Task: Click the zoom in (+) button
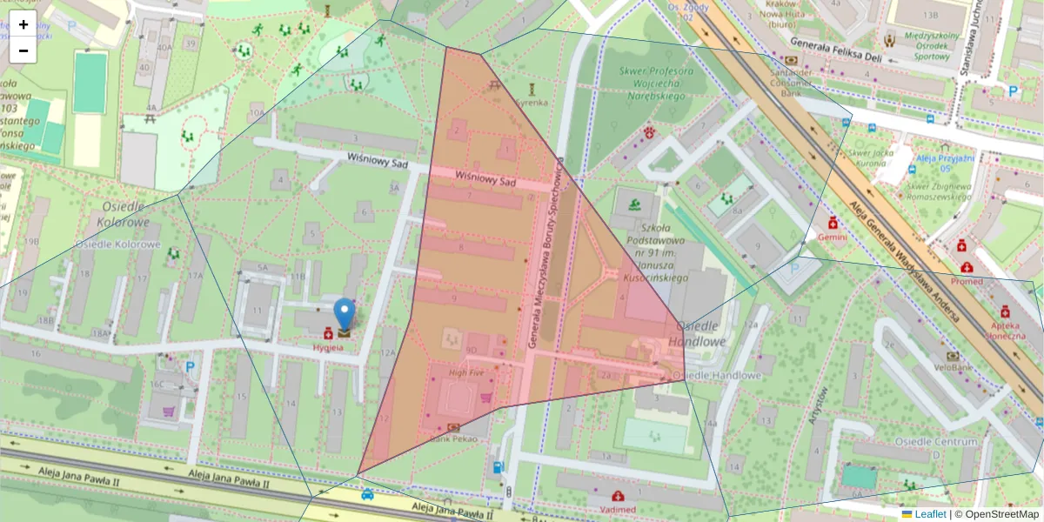click(x=23, y=24)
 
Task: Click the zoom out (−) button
click(x=23, y=50)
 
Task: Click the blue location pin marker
click(x=345, y=314)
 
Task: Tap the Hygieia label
click(x=328, y=348)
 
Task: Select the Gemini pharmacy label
click(x=833, y=237)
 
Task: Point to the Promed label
click(x=967, y=281)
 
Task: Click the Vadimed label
click(x=618, y=509)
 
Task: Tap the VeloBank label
click(x=954, y=368)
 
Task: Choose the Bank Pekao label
click(x=453, y=439)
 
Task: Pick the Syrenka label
click(x=532, y=102)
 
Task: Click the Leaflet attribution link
click(x=929, y=514)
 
